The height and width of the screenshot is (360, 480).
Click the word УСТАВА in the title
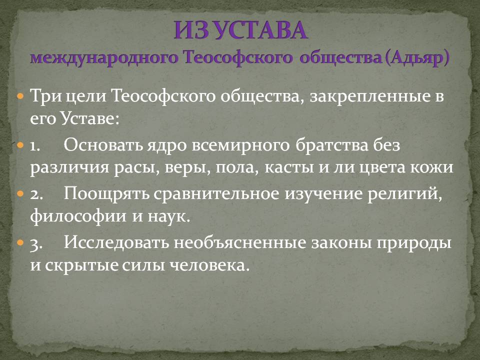260,30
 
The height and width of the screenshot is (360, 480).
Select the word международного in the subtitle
104,57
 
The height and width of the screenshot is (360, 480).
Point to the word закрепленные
367,96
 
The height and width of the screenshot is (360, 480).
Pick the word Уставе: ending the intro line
89,118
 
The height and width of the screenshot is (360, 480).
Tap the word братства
332,145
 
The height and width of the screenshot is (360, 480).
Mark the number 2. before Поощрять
36,194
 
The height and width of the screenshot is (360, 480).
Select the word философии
78,216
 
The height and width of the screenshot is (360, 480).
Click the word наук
169,216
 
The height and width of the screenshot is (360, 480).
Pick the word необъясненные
240,243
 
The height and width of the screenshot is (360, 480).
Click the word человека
208,265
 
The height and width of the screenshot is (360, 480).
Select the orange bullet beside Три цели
20,96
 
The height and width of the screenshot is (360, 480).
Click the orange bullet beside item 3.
20,243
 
